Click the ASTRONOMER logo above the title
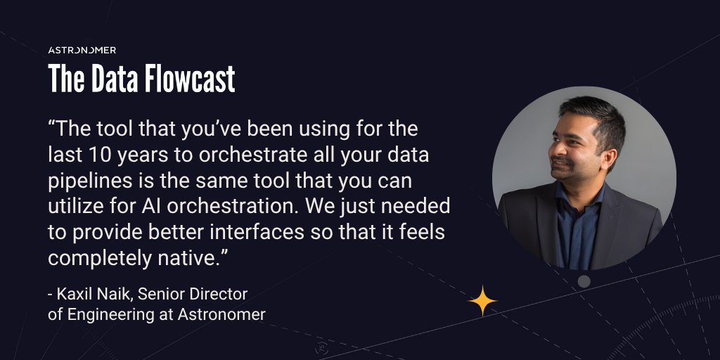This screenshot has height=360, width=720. point(82,50)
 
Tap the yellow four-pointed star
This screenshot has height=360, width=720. point(482,301)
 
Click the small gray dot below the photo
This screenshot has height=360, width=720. point(584,281)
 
